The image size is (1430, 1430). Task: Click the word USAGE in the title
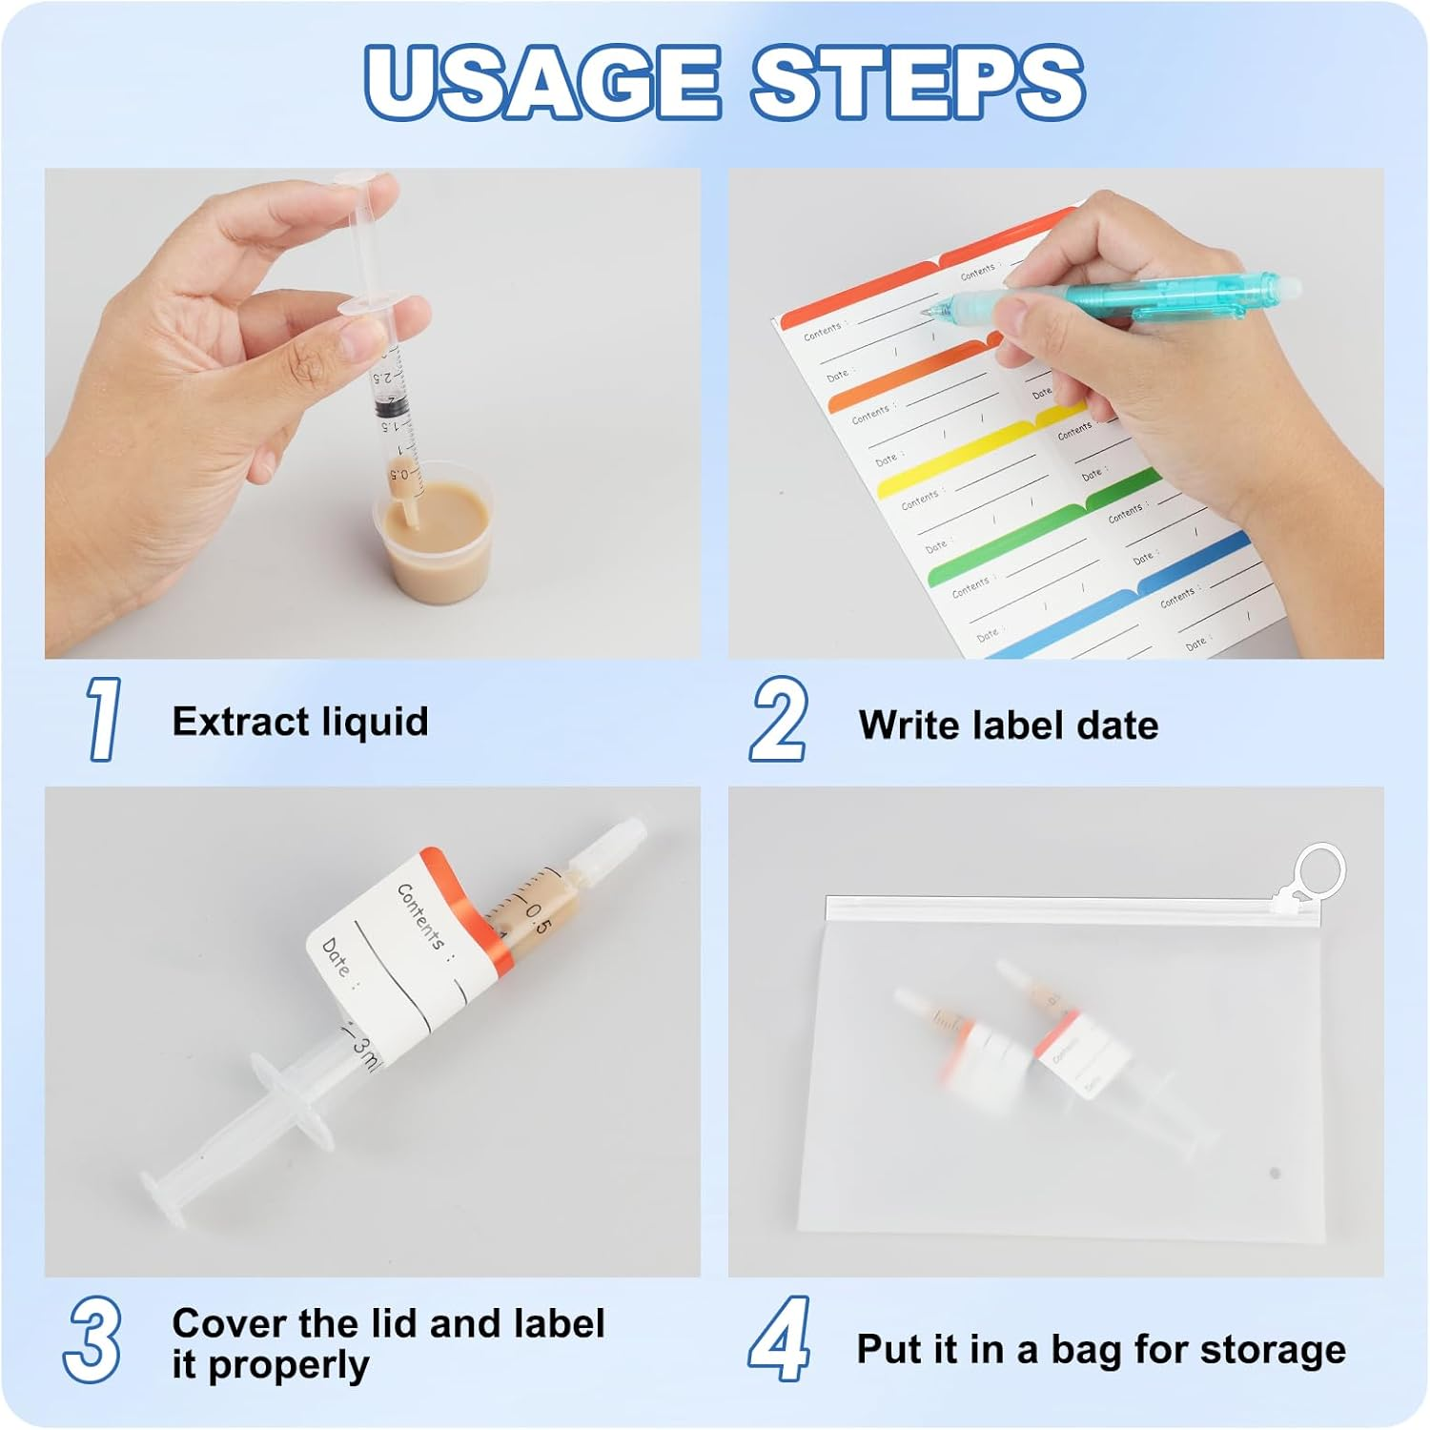(x=541, y=82)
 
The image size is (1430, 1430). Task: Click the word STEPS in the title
(x=917, y=82)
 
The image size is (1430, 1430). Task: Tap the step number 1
(x=103, y=720)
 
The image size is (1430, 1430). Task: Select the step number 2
(x=778, y=720)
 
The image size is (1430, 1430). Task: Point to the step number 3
(x=92, y=1339)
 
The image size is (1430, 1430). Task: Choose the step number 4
(x=780, y=1339)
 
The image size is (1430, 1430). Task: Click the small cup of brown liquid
(x=434, y=541)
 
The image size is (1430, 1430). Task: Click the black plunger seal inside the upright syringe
(x=392, y=408)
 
